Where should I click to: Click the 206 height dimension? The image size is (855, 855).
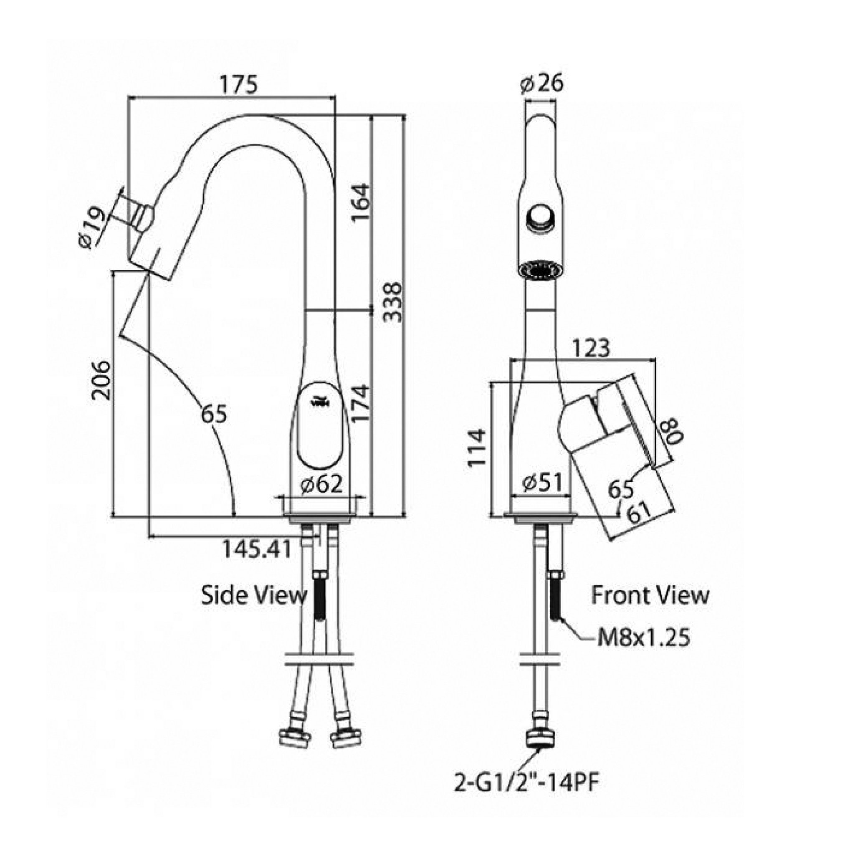pos(101,380)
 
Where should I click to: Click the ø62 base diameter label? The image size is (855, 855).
pos(321,485)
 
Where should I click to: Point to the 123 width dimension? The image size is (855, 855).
pos(591,348)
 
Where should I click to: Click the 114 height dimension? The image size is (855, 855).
pos(478,447)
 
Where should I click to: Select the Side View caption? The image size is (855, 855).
pos(254,595)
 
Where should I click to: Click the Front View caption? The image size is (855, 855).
pos(650,595)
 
